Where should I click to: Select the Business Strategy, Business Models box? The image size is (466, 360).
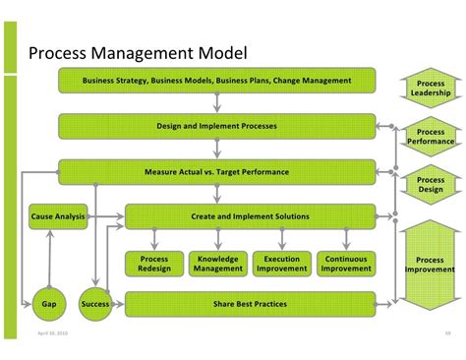[216, 81]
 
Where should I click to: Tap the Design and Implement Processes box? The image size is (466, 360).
[216, 126]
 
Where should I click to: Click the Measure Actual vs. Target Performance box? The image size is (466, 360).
[216, 172]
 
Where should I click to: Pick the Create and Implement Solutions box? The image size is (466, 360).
[250, 216]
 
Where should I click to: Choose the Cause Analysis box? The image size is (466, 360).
[58, 216]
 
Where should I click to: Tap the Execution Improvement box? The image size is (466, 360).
[282, 263]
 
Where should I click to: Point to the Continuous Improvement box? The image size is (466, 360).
[347, 263]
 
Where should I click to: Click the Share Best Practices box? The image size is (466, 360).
[250, 304]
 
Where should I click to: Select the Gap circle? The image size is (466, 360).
[49, 304]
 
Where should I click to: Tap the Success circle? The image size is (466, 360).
[95, 304]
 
